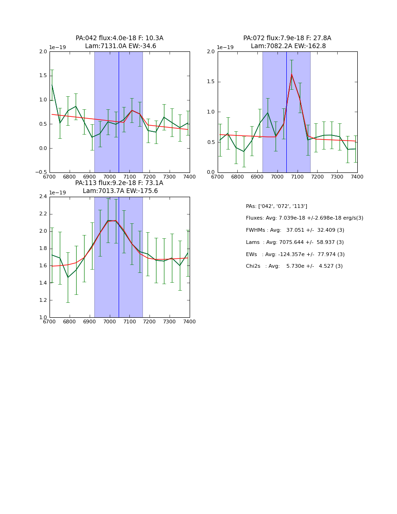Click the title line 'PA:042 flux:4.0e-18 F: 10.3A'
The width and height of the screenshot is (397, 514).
point(120,38)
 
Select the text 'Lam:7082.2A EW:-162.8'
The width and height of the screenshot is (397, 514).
point(287,46)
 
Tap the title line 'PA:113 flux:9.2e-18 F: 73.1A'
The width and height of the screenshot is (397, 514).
point(119,183)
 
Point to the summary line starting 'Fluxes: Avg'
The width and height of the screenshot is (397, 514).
point(304,218)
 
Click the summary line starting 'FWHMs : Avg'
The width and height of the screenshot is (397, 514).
point(295,230)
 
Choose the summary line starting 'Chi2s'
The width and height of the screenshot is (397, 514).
point(294,266)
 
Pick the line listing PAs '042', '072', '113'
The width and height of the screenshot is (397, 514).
point(276,207)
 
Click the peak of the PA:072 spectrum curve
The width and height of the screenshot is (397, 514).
point(291,74)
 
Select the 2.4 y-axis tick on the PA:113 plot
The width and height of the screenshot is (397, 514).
point(43,197)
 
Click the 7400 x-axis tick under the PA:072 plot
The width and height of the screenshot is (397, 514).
point(357,177)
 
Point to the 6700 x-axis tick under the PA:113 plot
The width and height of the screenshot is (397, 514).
point(50,321)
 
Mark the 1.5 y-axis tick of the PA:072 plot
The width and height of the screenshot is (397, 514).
point(211,82)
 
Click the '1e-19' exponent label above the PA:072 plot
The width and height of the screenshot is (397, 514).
point(225,48)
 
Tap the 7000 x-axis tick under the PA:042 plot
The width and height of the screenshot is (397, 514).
point(110,177)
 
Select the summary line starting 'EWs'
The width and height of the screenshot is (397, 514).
point(295,255)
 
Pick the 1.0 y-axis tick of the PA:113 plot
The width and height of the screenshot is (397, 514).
point(43,317)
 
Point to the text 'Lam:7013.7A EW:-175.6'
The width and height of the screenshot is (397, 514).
point(120,191)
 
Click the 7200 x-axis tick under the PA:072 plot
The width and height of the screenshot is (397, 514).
point(318,177)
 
